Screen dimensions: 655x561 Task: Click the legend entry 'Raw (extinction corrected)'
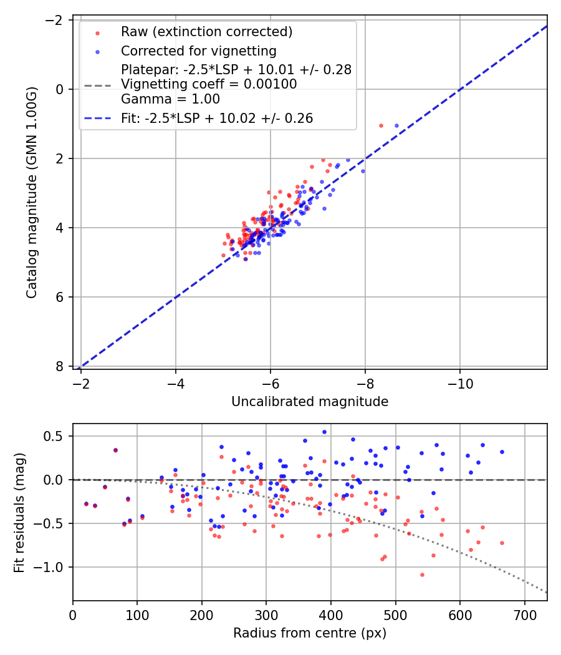tap(206, 32)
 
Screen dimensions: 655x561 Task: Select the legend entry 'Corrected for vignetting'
tap(198, 51)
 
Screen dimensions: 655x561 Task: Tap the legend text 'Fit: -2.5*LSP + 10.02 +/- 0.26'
tap(217, 118)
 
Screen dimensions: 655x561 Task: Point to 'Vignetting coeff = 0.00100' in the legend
tap(209, 84)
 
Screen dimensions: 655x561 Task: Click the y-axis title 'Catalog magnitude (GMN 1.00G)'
tap(32, 192)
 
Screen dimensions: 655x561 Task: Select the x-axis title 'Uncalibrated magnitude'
tap(310, 402)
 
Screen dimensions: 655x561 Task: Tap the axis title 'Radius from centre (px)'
tap(310, 633)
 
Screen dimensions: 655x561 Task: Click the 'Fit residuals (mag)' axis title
tap(19, 512)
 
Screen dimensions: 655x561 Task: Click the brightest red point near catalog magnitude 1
tap(381, 125)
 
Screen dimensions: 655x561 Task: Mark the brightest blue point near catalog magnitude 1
tap(396, 125)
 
